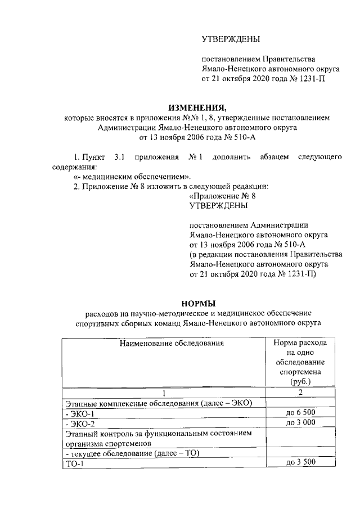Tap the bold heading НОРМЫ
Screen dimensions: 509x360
click(197, 302)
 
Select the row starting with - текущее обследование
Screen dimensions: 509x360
click(129, 453)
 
